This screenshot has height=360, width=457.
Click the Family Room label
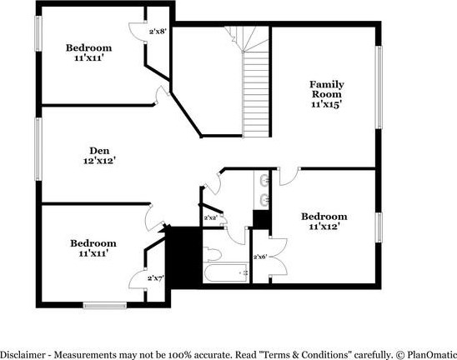(x=327, y=89)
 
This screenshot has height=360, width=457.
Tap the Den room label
(x=99, y=151)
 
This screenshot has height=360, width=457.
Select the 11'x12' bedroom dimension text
(x=324, y=227)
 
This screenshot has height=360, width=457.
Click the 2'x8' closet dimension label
(x=158, y=31)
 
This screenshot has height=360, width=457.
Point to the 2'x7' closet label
(x=156, y=277)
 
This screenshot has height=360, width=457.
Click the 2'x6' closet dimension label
(x=260, y=257)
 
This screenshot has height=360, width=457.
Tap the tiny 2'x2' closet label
(x=210, y=217)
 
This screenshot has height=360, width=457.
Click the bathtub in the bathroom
(x=226, y=272)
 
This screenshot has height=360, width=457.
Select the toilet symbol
(x=212, y=254)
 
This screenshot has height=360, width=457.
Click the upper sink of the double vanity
(x=264, y=179)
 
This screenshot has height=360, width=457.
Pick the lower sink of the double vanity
(x=265, y=199)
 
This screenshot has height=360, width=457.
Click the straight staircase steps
(x=256, y=94)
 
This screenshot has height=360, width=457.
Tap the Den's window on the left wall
(x=38, y=149)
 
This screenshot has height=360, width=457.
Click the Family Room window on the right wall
(x=379, y=87)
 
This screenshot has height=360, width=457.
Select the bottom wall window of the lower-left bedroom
(x=105, y=305)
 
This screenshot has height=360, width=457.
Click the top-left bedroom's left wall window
(x=38, y=34)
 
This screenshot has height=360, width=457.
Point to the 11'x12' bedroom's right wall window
(x=379, y=227)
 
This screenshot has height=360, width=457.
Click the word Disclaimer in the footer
(x=23, y=355)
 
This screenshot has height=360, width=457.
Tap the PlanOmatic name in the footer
(x=432, y=355)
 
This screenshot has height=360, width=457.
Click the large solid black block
(x=183, y=257)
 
